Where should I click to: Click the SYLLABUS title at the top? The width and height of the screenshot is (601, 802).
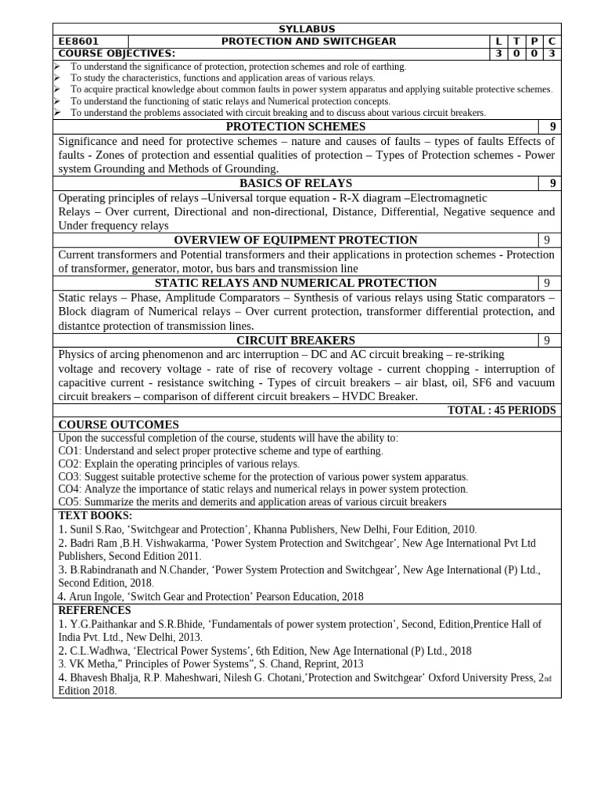click(x=306, y=29)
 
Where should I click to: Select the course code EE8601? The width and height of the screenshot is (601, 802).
click(x=79, y=42)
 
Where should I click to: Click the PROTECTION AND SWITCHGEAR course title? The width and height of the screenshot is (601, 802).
click(x=308, y=42)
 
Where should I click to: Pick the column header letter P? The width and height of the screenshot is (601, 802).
click(x=534, y=42)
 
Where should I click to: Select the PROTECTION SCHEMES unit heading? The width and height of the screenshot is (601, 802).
click(x=296, y=127)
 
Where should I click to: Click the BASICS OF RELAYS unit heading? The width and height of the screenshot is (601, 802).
click(x=296, y=183)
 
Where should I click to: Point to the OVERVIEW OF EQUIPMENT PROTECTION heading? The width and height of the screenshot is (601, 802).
click(x=296, y=240)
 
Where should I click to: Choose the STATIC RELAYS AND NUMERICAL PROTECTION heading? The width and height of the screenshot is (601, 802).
click(x=296, y=283)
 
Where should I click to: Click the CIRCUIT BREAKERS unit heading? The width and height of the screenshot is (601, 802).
click(x=296, y=340)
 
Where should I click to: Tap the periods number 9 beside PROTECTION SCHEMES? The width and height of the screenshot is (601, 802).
click(x=552, y=127)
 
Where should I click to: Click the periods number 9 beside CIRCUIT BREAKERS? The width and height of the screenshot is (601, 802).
click(x=548, y=340)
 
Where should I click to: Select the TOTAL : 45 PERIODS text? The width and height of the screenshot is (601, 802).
click(x=501, y=410)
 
